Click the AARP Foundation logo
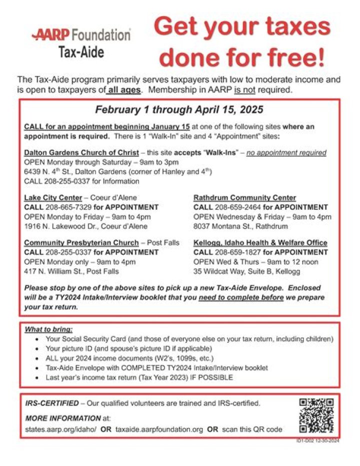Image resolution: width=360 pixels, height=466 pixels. point(81,35)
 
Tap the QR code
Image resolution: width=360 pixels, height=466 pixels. point(316,415)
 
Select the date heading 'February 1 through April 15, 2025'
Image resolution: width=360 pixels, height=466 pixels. point(179,110)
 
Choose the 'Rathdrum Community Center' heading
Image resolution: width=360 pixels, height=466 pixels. point(244,198)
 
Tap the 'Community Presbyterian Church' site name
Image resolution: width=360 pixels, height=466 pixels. point(79,243)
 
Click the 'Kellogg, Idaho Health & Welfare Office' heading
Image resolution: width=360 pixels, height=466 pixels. point(260,243)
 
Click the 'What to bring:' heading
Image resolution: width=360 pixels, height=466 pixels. point(48,329)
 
